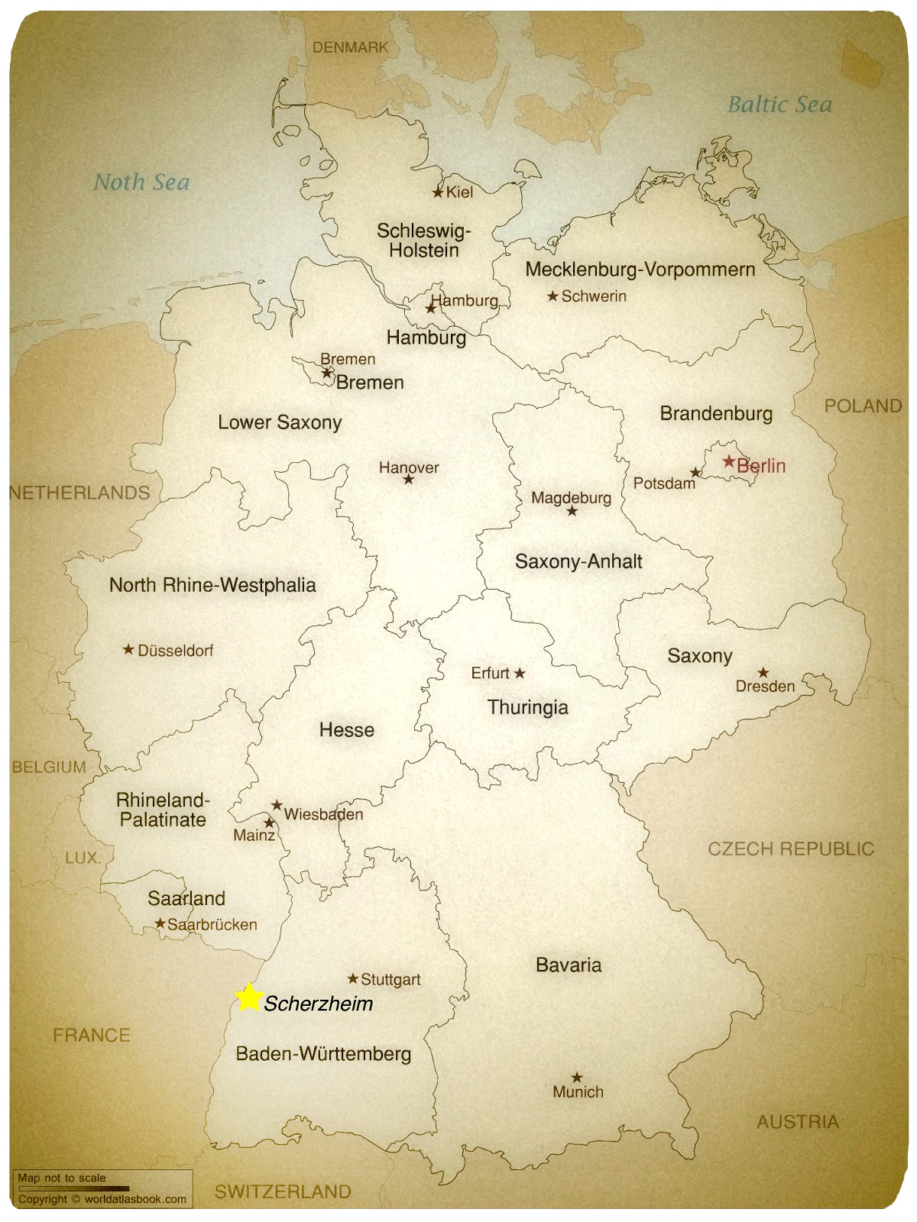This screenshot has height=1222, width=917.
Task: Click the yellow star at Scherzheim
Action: click(x=248, y=997)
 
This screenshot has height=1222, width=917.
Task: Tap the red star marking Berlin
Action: click(x=729, y=461)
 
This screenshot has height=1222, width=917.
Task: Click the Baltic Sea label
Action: click(x=779, y=105)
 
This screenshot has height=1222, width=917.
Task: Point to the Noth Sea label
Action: click(x=141, y=182)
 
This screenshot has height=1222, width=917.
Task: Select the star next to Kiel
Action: click(x=438, y=192)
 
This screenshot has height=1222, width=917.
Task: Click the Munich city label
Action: click(x=578, y=1092)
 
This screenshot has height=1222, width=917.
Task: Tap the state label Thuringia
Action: click(x=528, y=707)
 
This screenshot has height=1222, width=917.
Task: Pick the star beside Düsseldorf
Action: click(x=128, y=650)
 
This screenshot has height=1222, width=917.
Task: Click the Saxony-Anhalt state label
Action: click(x=578, y=562)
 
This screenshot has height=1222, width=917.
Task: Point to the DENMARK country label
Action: click(x=350, y=47)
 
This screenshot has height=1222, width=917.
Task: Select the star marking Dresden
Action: click(x=763, y=672)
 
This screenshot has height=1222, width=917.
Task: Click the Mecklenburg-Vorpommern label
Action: click(x=640, y=269)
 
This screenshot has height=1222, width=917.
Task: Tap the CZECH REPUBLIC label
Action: click(x=790, y=849)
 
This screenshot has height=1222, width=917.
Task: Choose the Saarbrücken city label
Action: click(x=212, y=924)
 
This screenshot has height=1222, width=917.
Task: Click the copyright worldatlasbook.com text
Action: click(x=102, y=1198)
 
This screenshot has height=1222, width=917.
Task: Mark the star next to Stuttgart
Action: click(x=353, y=978)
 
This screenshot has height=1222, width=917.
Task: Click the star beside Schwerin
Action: click(x=552, y=296)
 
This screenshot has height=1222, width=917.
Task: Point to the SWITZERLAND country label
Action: click(x=283, y=1191)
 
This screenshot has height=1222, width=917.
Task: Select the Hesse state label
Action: click(x=346, y=730)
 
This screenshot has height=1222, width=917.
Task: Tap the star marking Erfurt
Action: click(x=520, y=673)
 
